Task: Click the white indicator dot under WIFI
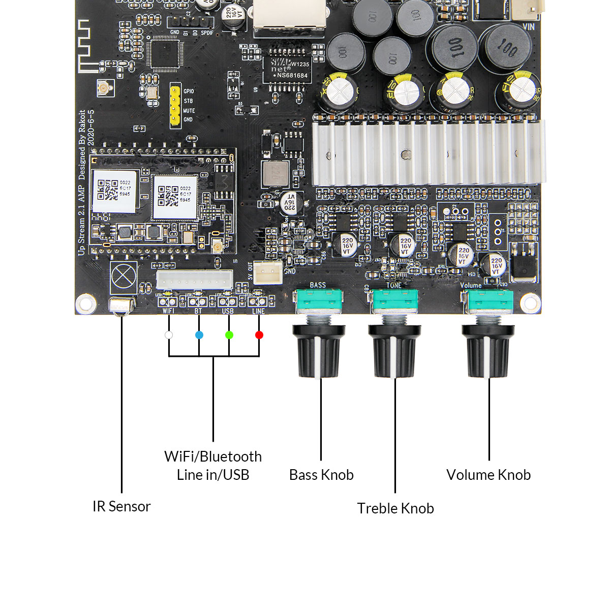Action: (x=169, y=335)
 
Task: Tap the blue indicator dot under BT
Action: (x=199, y=335)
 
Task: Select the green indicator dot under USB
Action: (x=229, y=335)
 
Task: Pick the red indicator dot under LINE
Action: (x=259, y=335)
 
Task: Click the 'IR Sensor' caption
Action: (x=121, y=506)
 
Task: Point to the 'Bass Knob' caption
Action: (x=321, y=475)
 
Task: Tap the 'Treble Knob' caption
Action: (x=395, y=508)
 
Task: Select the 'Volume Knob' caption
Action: (x=489, y=475)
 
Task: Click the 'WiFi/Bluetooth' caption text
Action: (x=213, y=456)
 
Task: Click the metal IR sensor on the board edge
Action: (x=122, y=307)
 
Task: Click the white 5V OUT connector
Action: (x=268, y=273)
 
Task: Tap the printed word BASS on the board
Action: (x=318, y=285)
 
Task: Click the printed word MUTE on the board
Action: (x=189, y=110)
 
